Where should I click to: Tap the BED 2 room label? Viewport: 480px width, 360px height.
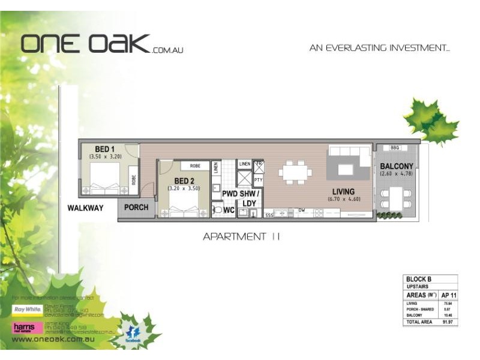(185, 181)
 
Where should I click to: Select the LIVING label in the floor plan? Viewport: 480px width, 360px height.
(344, 192)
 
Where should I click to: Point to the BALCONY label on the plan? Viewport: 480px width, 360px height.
(396, 166)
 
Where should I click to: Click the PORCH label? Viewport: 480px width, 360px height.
(136, 208)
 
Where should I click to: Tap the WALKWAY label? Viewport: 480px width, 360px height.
(85, 208)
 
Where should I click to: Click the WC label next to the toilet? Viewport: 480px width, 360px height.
(229, 211)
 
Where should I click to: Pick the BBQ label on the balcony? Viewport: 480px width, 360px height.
(394, 148)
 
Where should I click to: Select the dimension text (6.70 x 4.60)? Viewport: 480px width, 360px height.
(344, 199)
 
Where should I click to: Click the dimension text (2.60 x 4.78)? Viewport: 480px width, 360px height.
(397, 174)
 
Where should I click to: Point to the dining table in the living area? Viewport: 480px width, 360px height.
(295, 172)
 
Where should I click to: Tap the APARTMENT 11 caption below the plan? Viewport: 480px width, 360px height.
(241, 236)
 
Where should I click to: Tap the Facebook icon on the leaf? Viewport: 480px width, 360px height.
(133, 332)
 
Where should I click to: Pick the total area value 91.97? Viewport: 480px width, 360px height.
(446, 322)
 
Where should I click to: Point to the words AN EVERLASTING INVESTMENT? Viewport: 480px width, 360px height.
(379, 48)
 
